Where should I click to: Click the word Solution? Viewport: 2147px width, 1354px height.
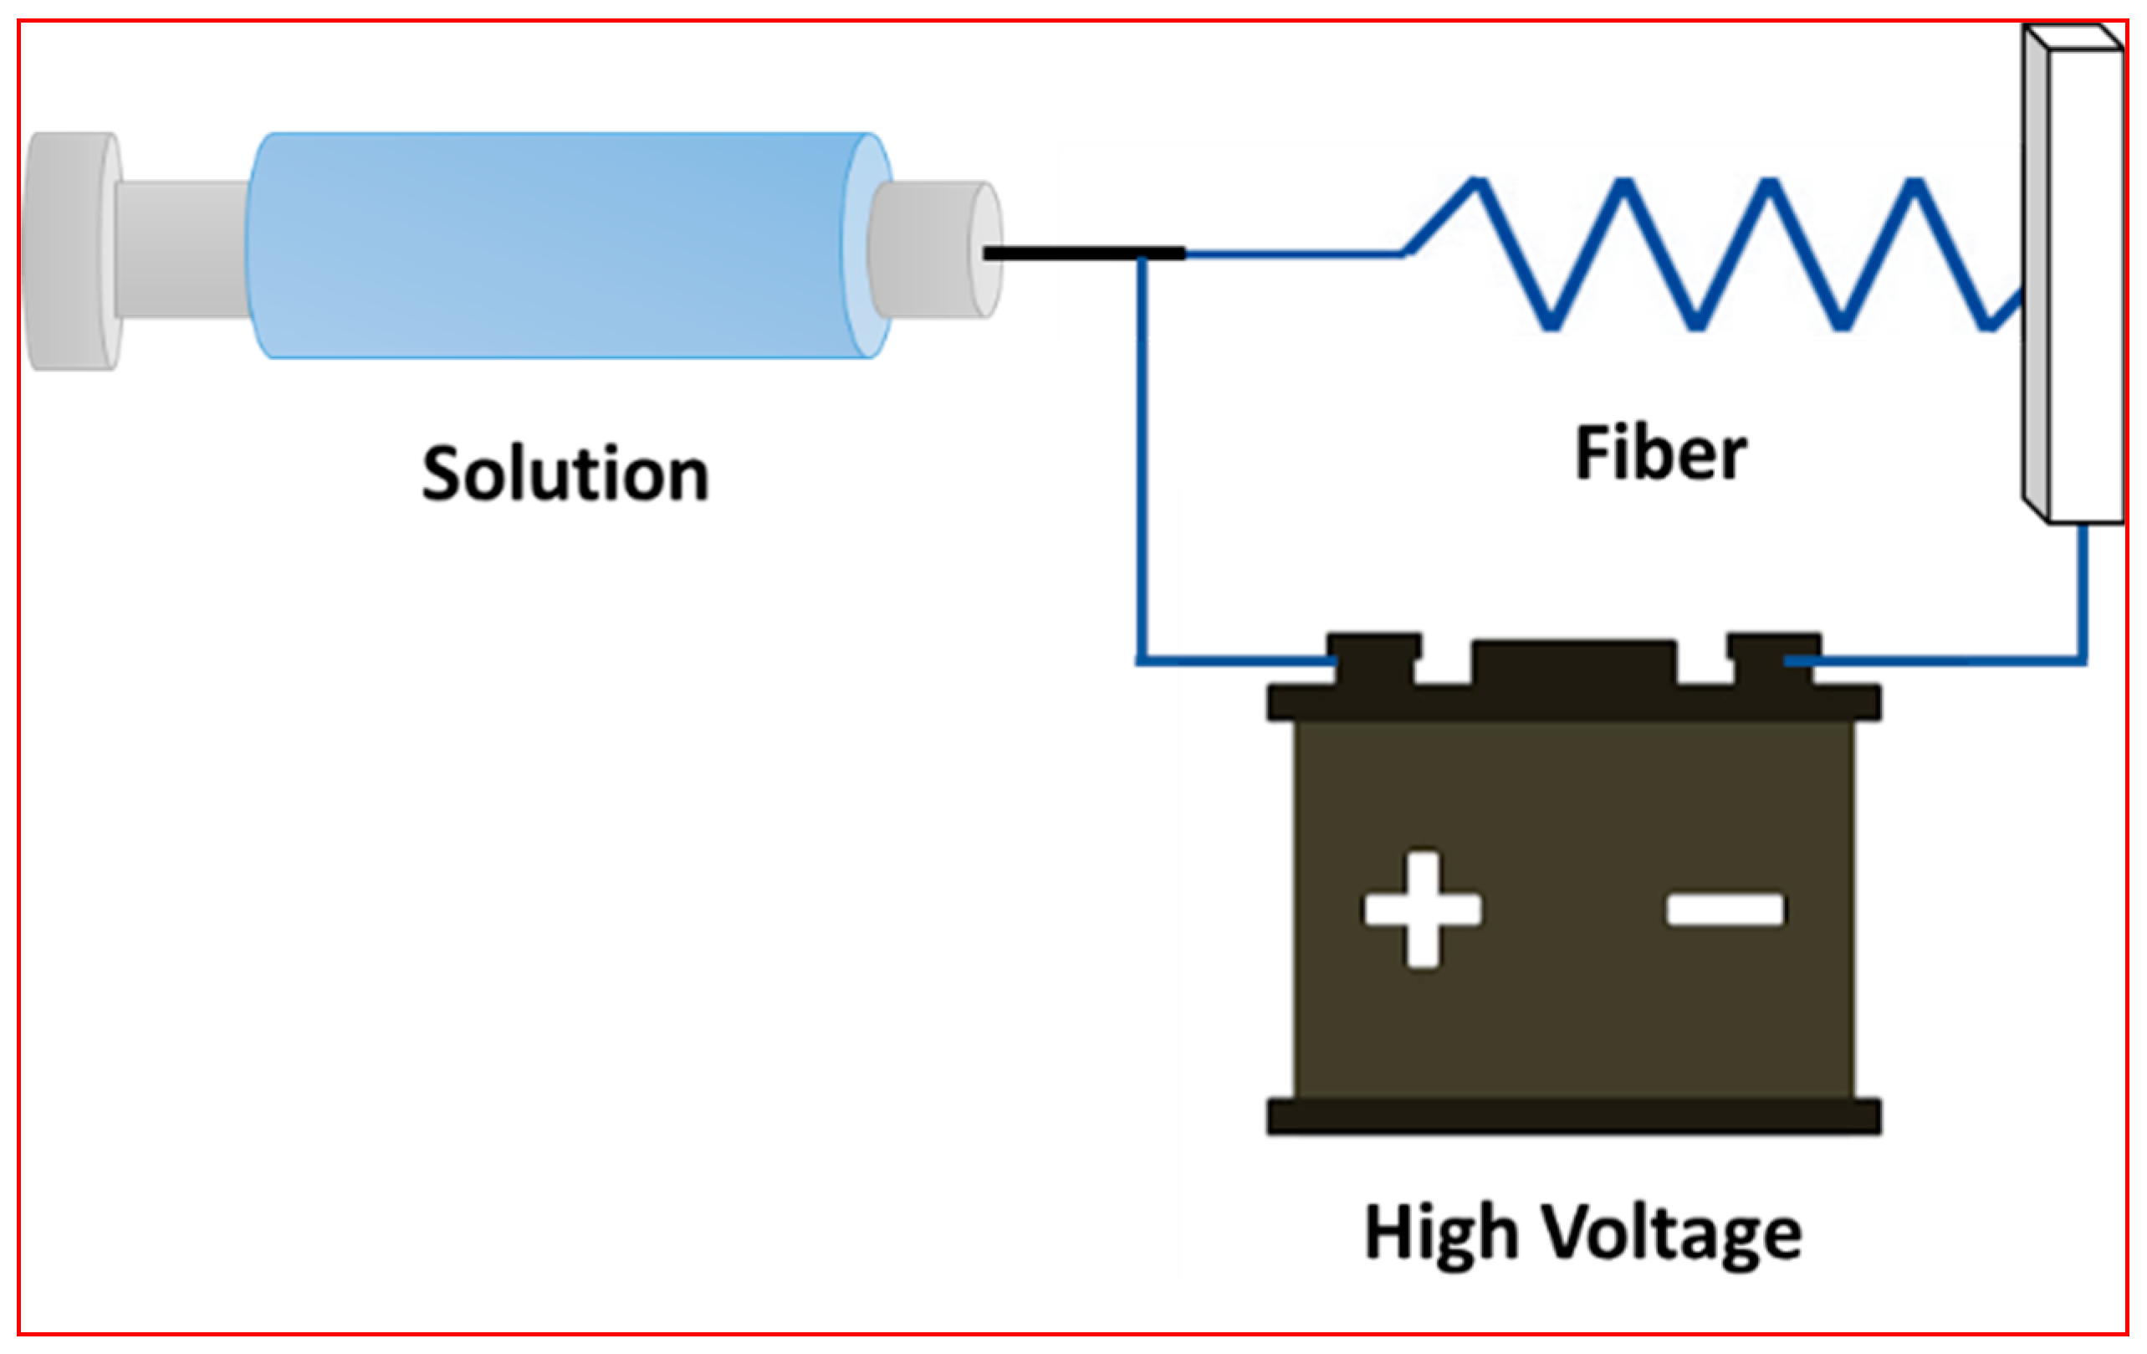tap(565, 474)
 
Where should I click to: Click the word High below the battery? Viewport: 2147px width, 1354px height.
tap(1441, 1233)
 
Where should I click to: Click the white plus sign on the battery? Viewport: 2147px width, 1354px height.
tap(1423, 910)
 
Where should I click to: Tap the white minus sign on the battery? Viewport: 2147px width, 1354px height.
tap(1725, 910)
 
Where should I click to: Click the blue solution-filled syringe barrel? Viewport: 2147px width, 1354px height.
tap(553, 245)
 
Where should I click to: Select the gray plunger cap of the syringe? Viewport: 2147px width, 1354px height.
tap(71, 251)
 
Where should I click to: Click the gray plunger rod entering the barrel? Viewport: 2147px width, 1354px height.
tap(183, 249)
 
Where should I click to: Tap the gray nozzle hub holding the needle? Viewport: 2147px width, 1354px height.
tap(928, 249)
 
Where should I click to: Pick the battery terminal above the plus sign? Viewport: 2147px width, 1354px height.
tap(1373, 655)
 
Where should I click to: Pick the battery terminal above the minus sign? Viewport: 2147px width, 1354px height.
tap(1773, 655)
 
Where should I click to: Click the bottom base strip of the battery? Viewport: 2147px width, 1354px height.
tap(1574, 1116)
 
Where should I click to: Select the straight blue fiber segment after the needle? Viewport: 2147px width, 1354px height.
tap(1293, 254)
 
